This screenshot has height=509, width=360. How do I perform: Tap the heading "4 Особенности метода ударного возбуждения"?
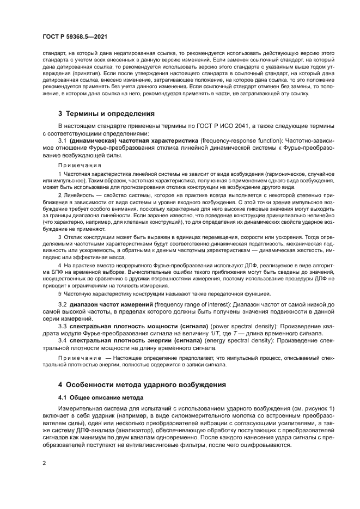(142, 384)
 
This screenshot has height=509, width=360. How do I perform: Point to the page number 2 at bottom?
(44, 463)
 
